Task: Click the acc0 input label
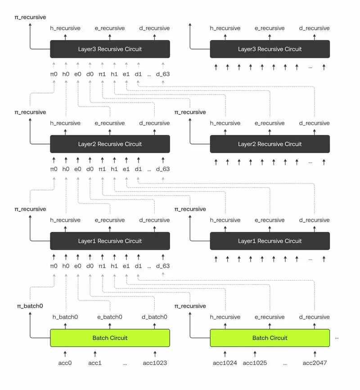coord(65,363)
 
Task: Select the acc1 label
coord(95,363)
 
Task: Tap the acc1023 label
coord(155,363)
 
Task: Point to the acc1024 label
coord(225,363)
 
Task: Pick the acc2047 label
coord(315,363)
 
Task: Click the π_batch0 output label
coord(30,306)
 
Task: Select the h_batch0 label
coord(65,317)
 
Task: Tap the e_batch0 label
coord(110,317)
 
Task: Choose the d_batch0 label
coord(154,317)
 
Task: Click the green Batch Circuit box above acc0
coord(110,338)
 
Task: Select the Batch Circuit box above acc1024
coord(270,338)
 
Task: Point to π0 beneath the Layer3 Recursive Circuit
coord(54,74)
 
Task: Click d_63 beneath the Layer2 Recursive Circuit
coord(163,169)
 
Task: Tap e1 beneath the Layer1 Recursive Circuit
coord(126,266)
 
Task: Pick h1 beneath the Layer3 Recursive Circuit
coord(114,74)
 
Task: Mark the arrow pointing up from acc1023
coord(155,354)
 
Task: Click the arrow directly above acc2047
coord(315,354)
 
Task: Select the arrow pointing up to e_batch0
coord(110,324)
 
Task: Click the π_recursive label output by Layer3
coord(30,17)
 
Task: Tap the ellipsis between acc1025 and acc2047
coord(285,363)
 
